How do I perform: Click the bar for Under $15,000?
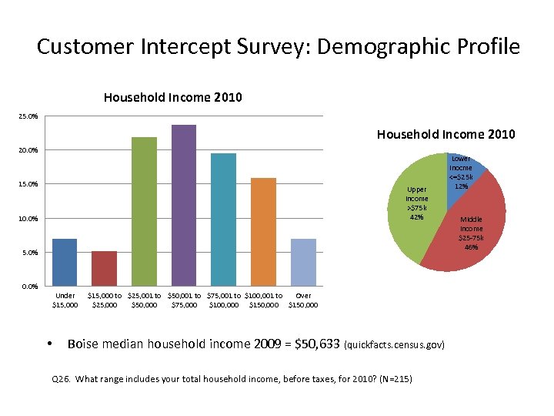[x=65, y=262]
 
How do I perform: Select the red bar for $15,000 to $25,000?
[x=105, y=268]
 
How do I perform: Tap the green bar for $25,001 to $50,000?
[x=144, y=211]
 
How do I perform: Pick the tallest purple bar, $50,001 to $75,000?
[x=184, y=205]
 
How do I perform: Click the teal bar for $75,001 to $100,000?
[x=223, y=220]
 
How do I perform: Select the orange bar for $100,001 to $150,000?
[x=263, y=232]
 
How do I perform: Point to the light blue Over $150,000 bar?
[x=303, y=262]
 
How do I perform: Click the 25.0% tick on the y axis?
[x=28, y=116]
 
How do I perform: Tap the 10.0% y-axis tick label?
[x=28, y=219]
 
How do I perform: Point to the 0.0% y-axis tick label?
[x=28, y=287]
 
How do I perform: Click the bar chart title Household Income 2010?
[x=172, y=97]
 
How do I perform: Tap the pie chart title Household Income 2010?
[x=446, y=135]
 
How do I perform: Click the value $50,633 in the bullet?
[x=314, y=344]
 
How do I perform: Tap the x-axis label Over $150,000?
[x=303, y=300]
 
